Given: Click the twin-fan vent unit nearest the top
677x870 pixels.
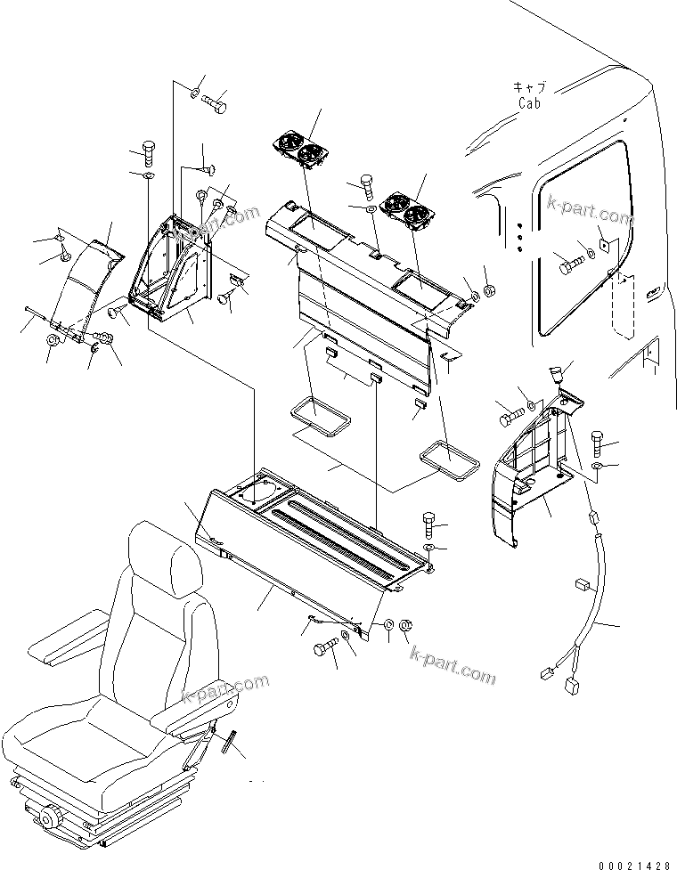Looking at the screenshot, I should pyautogui.click(x=298, y=149).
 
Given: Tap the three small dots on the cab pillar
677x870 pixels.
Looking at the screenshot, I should pyautogui.click(x=518, y=239).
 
